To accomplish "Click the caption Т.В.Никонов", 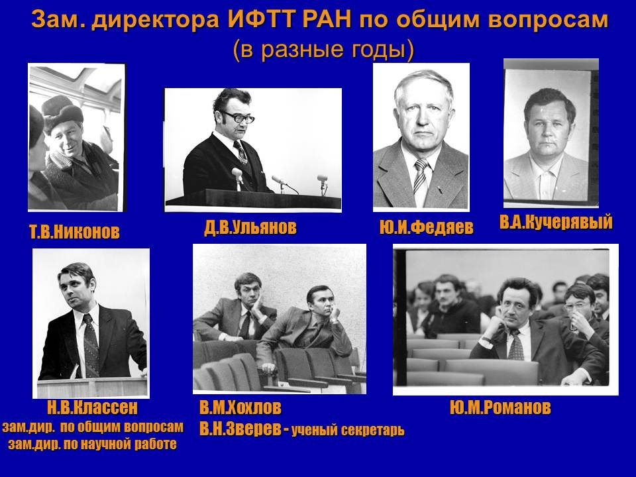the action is tap(75, 232).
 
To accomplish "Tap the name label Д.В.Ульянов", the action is tap(250, 227).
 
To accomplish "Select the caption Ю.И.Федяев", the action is tap(427, 227).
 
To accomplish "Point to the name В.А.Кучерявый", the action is tap(556, 223).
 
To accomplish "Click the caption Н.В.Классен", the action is tap(93, 407).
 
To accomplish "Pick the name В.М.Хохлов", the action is tap(240, 407).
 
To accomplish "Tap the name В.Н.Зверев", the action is tap(240, 429).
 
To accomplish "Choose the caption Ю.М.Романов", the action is tap(501, 407).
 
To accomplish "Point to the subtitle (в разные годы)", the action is tap(323, 50).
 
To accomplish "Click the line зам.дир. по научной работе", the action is tap(93, 445).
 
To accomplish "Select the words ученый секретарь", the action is tap(348, 430).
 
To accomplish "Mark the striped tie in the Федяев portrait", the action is tap(421, 178).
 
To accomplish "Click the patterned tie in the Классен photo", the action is tap(91, 344).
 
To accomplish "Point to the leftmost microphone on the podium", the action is tap(238, 178).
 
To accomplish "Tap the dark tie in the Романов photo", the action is tap(516, 345).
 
